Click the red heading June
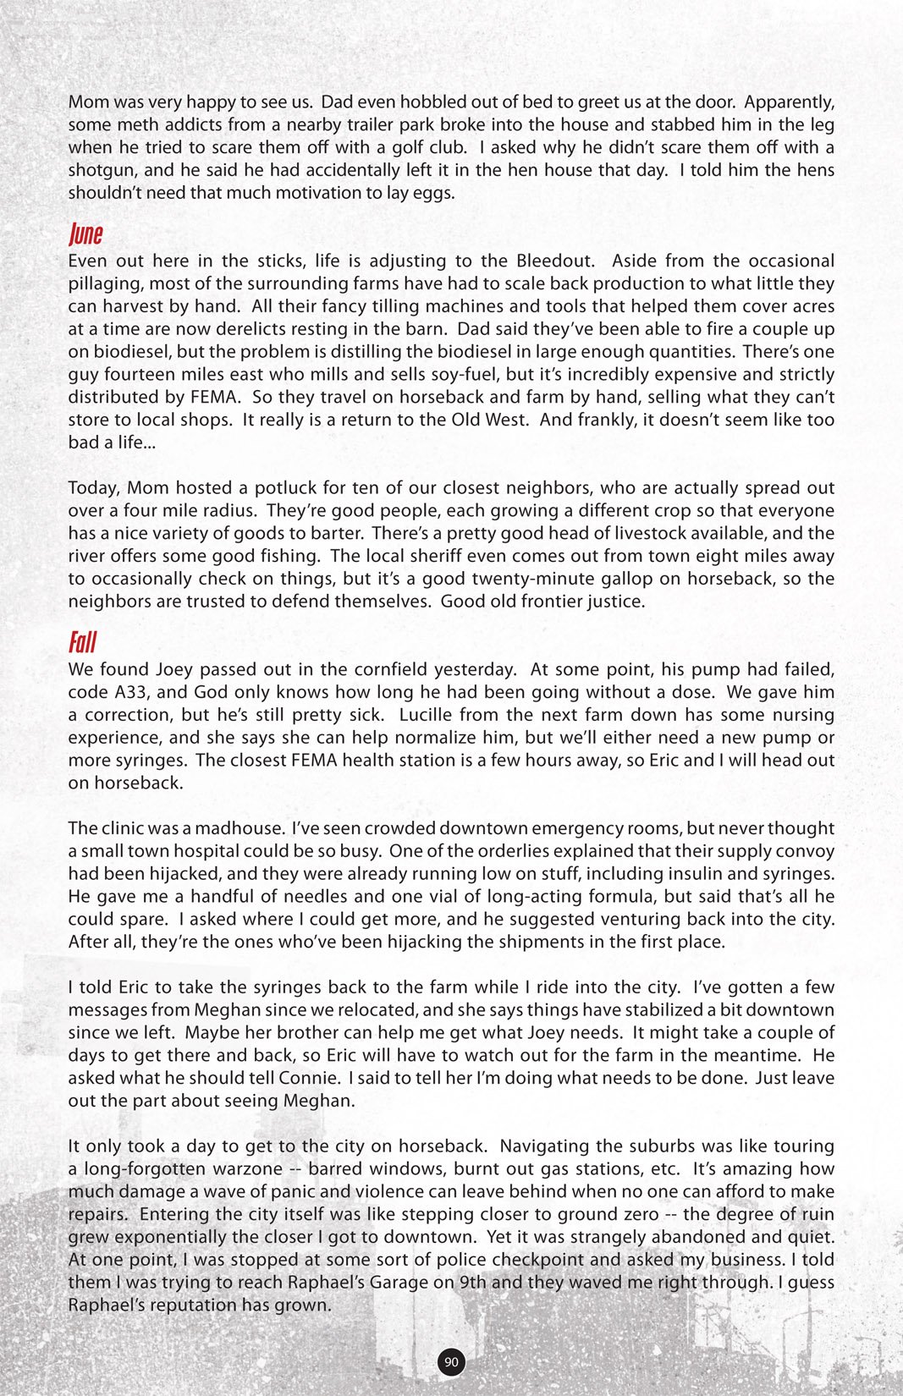click(x=85, y=234)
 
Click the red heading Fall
click(x=82, y=643)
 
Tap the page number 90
click(x=451, y=1361)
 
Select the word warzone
click(x=246, y=1169)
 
